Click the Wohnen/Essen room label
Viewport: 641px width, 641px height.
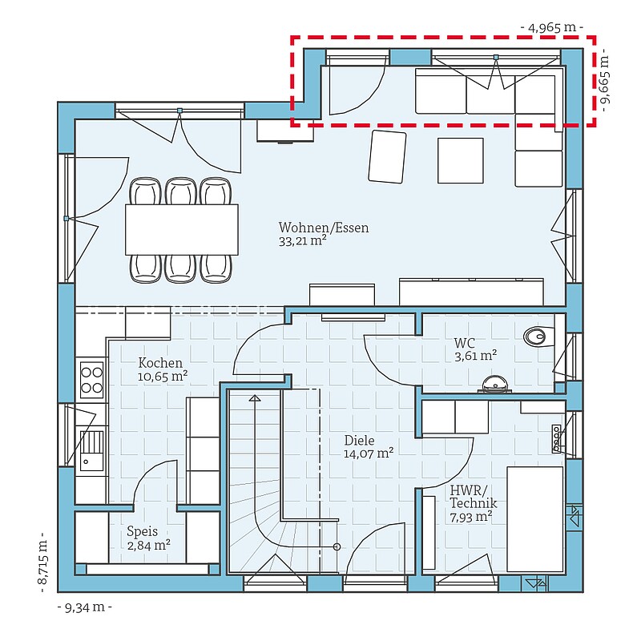click(324, 228)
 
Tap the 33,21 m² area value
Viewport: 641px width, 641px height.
click(303, 241)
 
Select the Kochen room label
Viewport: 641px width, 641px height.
click(160, 363)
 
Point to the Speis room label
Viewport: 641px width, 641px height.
click(143, 531)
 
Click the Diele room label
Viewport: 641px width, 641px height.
click(359, 440)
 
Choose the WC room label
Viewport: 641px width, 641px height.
click(465, 343)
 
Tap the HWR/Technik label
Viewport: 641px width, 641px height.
click(474, 496)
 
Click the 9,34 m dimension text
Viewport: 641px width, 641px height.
click(85, 607)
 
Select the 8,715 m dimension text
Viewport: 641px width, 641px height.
click(42, 563)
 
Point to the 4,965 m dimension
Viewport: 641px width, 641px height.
click(552, 27)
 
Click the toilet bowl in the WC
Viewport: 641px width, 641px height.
click(538, 336)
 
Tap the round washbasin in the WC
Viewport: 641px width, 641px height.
click(495, 385)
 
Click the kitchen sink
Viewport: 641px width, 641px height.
click(91, 450)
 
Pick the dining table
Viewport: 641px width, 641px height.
click(182, 230)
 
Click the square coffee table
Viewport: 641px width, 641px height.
click(460, 161)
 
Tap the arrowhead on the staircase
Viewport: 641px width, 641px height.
click(255, 397)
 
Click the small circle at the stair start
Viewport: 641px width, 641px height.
click(337, 546)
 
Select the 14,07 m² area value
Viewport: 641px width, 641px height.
click(369, 454)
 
